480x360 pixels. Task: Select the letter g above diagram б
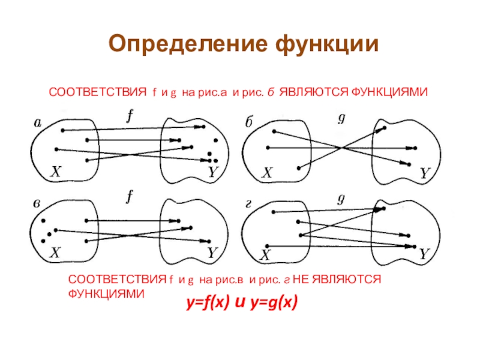point(341,118)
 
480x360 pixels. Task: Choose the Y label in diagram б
point(424,173)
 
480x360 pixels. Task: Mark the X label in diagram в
point(55,253)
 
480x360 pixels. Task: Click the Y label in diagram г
point(424,254)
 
